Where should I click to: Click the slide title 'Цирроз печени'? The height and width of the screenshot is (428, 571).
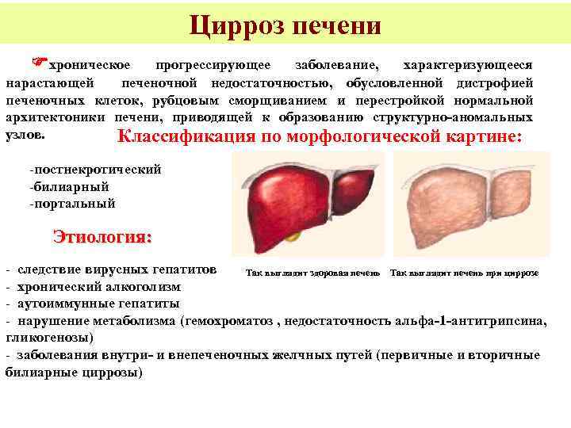[x=285, y=25]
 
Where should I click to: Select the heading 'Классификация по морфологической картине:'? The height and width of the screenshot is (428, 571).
[x=320, y=136]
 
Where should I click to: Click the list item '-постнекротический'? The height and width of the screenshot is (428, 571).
[x=94, y=170]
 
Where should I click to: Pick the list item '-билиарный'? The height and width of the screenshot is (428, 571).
[x=68, y=186]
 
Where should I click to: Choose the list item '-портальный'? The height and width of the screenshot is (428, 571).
[x=71, y=203]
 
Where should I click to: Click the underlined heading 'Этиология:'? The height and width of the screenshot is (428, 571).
[x=102, y=236]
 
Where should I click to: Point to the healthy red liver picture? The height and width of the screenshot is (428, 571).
[x=306, y=201]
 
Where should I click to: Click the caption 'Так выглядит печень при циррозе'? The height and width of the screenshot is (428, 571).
[x=464, y=272]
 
